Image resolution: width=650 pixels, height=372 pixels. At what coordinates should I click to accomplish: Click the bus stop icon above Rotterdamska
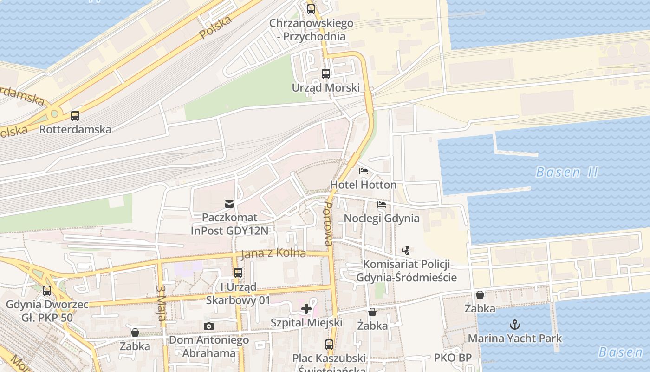[x=75, y=116]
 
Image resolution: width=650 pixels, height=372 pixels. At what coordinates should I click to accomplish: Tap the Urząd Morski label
[x=325, y=87]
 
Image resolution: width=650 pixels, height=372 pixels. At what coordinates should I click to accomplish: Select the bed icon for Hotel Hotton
[x=364, y=171]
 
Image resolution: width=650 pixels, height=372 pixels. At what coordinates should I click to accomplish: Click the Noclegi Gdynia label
[x=381, y=218]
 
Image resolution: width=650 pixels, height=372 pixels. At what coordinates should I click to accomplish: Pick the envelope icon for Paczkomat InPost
[x=229, y=204]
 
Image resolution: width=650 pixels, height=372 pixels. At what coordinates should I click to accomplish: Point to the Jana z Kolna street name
[x=273, y=254]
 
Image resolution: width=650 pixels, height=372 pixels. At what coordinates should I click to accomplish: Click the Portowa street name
[x=327, y=224]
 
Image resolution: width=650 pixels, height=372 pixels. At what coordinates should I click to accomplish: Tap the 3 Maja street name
[x=161, y=303]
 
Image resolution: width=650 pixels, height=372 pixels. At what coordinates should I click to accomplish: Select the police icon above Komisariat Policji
[x=406, y=251]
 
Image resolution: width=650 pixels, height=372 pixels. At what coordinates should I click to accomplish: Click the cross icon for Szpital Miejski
[x=306, y=308]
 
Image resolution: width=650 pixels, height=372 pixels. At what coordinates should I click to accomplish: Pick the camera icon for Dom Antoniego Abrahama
[x=209, y=326]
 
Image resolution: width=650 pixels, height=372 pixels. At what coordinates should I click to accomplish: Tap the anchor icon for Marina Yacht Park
[x=514, y=325]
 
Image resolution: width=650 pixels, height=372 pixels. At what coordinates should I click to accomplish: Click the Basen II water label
[x=566, y=173]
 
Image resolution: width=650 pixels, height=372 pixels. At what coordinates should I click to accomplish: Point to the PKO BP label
[x=453, y=358]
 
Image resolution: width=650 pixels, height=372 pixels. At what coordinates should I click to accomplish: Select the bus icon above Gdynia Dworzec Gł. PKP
[x=47, y=291]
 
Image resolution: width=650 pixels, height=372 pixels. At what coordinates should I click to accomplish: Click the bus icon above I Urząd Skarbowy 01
[x=238, y=273]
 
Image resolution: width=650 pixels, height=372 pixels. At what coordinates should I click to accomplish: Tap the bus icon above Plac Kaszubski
[x=329, y=345]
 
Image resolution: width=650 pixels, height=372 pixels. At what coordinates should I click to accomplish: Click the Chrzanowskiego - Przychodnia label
[x=311, y=29]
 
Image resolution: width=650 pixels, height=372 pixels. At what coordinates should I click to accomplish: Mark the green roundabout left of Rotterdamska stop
[x=55, y=113]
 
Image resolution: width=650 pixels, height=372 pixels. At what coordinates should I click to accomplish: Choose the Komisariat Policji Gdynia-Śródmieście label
[x=407, y=271]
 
